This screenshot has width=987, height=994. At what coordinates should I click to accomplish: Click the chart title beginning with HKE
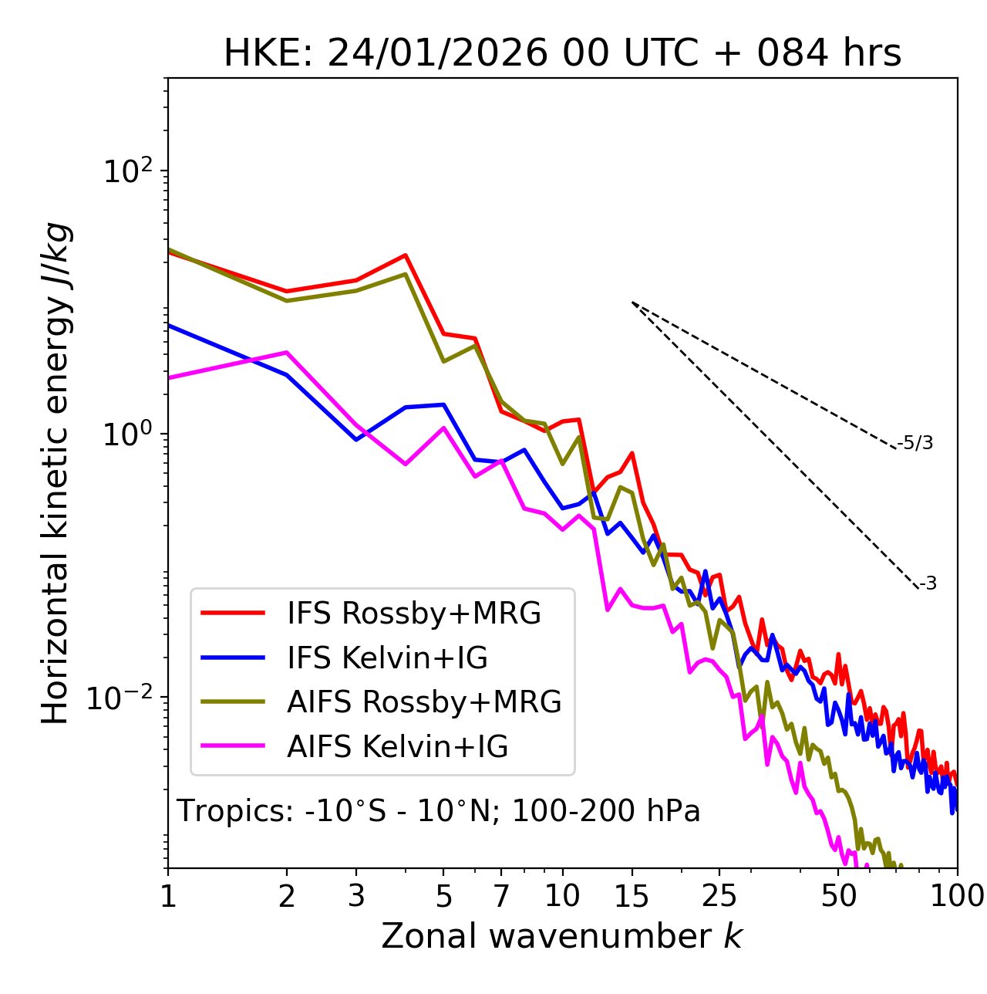coord(562,54)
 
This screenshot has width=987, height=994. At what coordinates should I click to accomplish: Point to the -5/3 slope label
coord(915,443)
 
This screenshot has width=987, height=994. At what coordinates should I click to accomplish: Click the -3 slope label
coord(928,584)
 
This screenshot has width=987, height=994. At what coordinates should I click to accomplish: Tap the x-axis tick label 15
coord(632,896)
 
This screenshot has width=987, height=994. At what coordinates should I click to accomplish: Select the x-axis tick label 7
coord(501,896)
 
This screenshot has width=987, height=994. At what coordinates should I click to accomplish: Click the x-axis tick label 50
coord(838,896)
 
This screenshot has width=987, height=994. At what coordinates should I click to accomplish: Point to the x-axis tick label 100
coord(957,896)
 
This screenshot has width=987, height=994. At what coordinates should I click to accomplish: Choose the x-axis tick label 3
coord(356,896)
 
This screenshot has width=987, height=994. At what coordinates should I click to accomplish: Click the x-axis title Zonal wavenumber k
coord(562,937)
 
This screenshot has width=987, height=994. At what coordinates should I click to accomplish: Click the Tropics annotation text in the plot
coord(438,812)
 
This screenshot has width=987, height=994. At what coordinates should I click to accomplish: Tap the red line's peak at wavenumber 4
coord(406,255)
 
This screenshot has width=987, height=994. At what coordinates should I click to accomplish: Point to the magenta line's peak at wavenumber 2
coord(287,353)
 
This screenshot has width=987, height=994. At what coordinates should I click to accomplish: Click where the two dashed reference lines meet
coord(632,303)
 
